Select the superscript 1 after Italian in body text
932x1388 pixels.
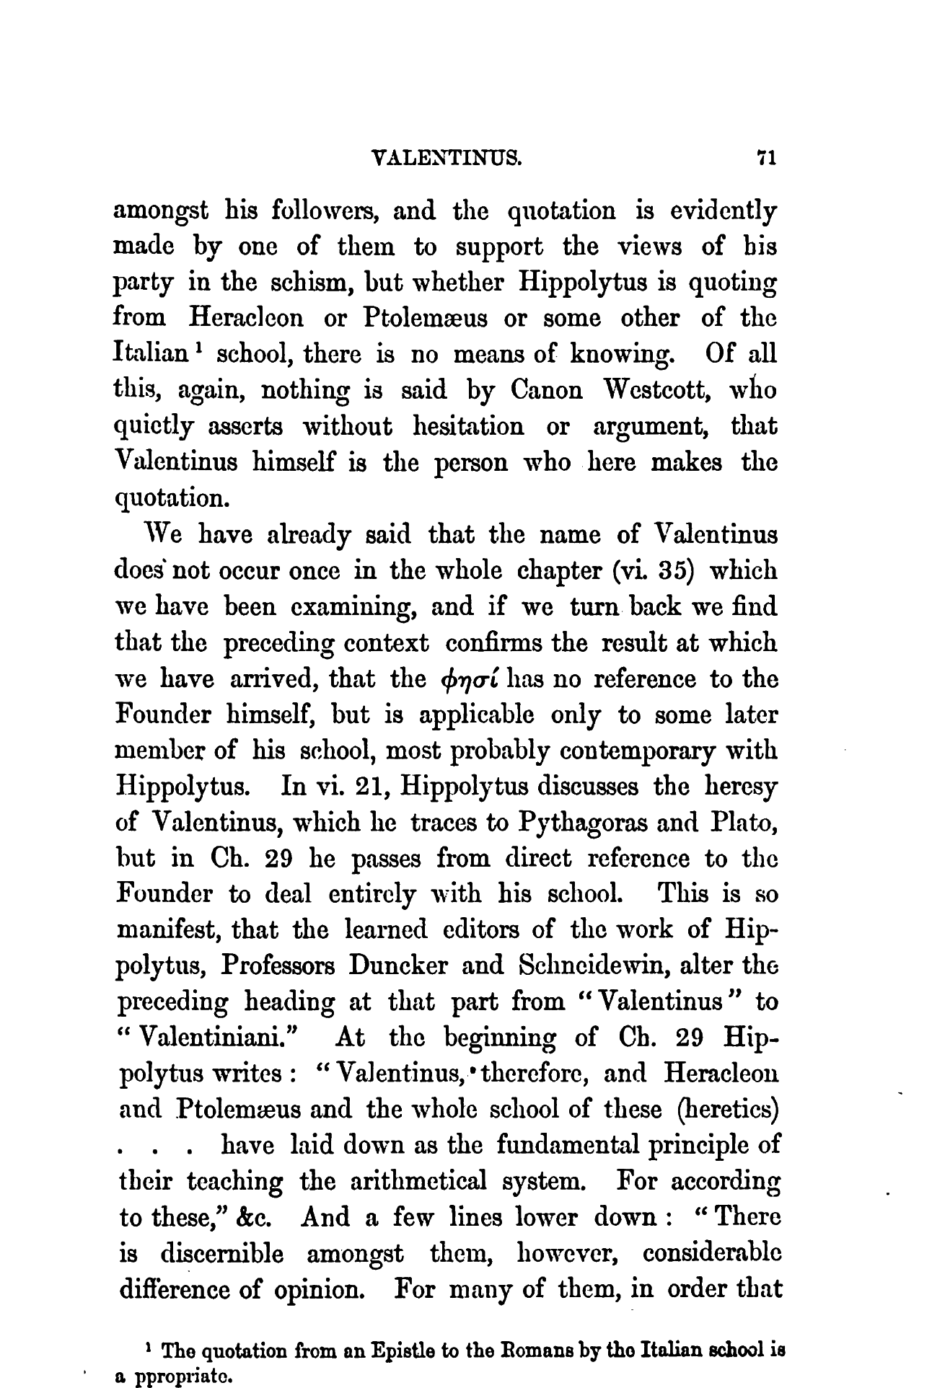[205, 348]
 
